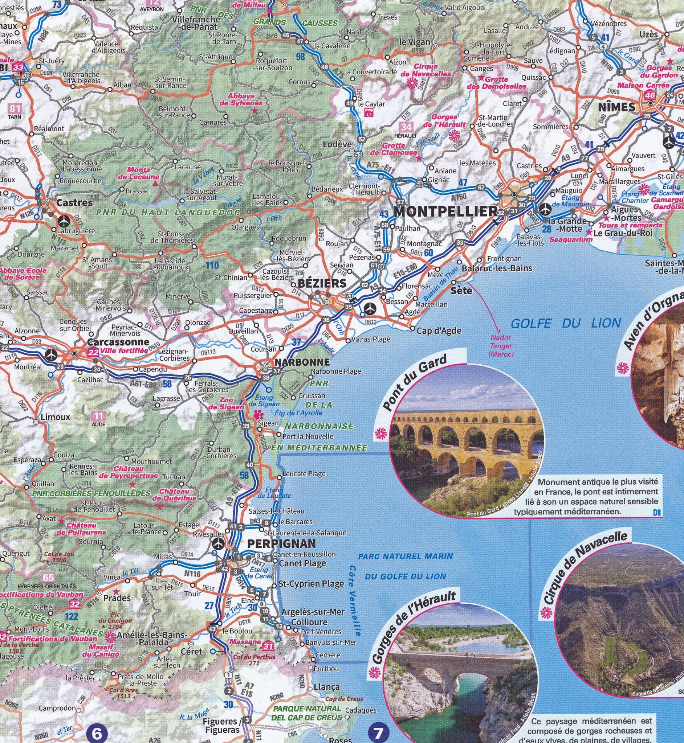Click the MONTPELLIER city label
pyautogui.click(x=445, y=212)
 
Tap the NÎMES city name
pyautogui.click(x=616, y=107)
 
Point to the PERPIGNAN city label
pyautogui.click(x=281, y=543)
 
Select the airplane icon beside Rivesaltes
pyautogui.click(x=219, y=543)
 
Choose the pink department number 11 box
pyautogui.click(x=98, y=416)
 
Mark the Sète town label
pyautogui.click(x=461, y=291)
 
